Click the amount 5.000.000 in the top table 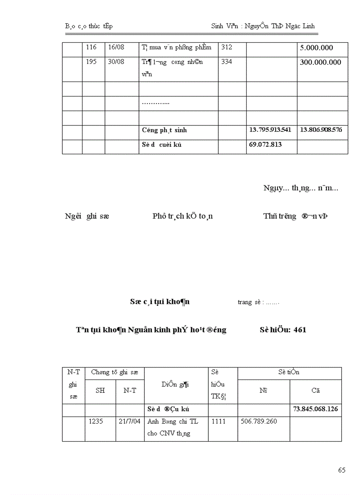316,48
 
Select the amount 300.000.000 320,63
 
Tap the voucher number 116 91,47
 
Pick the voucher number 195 91,62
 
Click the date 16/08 116,47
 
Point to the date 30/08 116,62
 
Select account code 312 226,47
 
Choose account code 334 226,62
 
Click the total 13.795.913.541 270,130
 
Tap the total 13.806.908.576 321,130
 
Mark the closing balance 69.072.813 266,145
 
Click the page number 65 342,470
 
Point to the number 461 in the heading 300,330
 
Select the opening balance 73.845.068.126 315,409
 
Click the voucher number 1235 95,421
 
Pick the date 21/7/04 130,421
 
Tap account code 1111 218,421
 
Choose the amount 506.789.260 259,421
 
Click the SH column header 100,391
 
